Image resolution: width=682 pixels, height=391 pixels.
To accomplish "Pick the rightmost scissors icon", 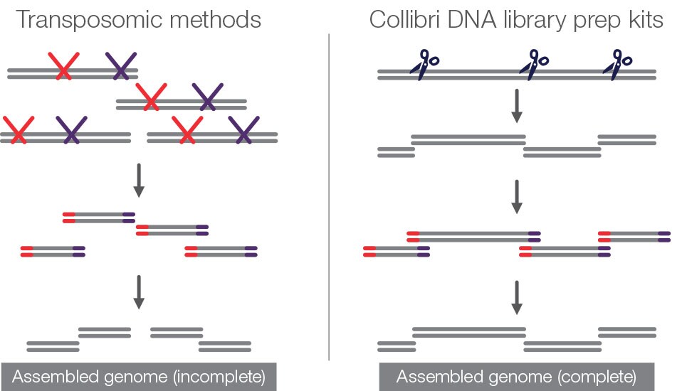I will [617, 63].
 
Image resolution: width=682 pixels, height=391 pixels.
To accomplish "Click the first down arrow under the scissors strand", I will [518, 106].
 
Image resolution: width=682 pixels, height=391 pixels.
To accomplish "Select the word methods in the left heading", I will [213, 20].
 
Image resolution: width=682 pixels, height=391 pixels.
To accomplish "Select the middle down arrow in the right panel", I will [518, 196].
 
